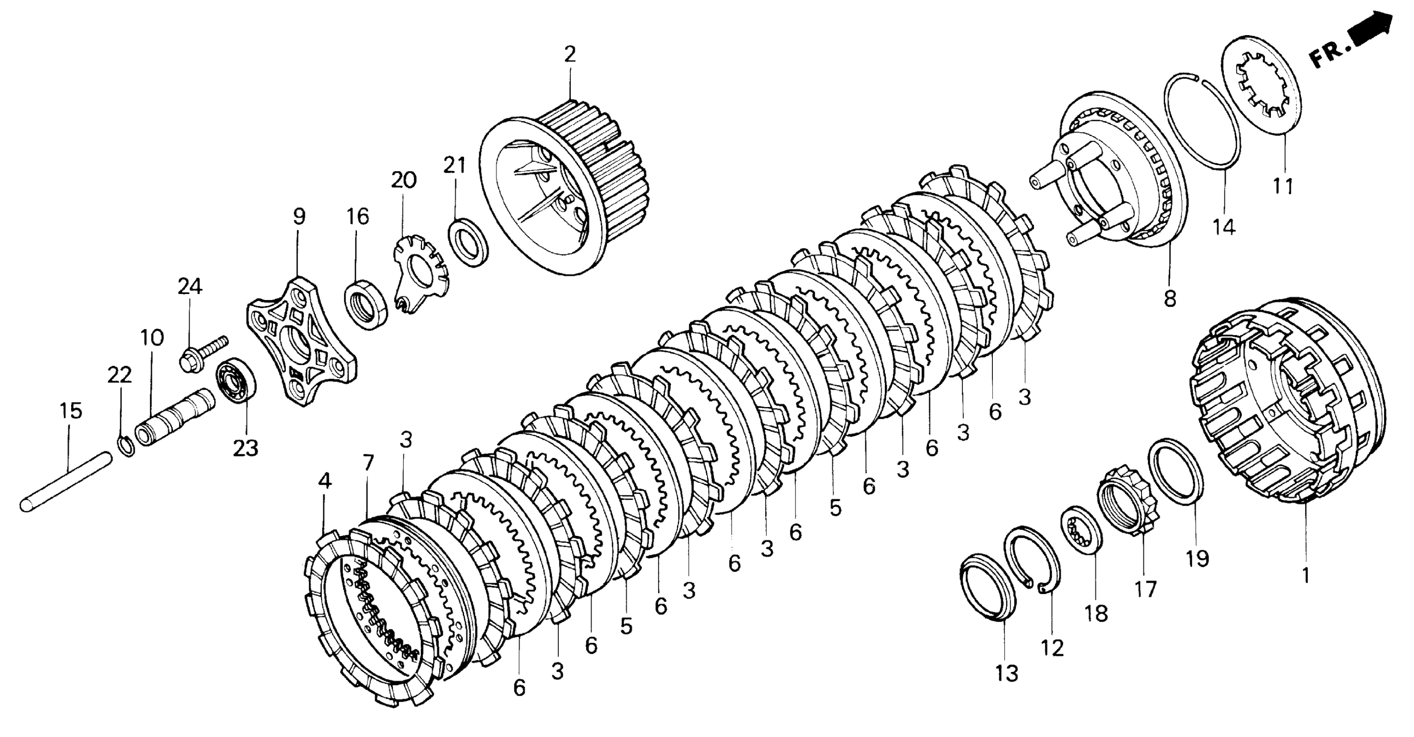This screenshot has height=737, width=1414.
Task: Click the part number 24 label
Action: tap(190, 287)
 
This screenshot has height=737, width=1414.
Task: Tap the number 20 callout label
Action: tap(403, 180)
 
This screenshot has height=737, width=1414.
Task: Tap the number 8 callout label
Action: tap(1170, 299)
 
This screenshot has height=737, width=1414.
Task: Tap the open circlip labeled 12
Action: tap(1032, 559)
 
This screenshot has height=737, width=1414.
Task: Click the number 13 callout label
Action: tap(1006, 673)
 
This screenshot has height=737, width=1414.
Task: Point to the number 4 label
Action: tap(324, 481)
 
